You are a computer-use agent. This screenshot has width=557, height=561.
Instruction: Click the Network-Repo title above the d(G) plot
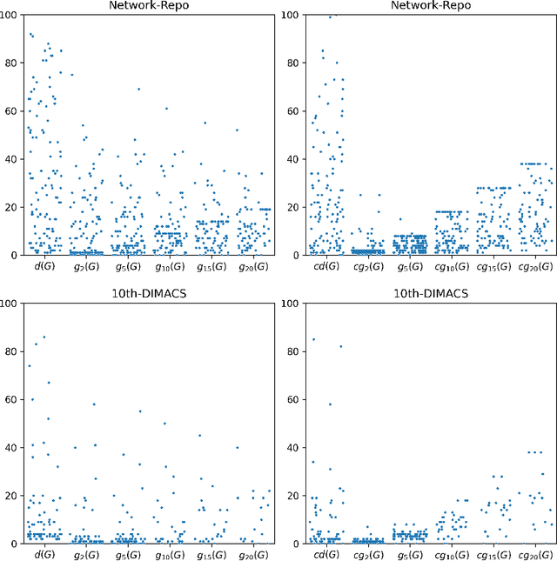tap(144, 5)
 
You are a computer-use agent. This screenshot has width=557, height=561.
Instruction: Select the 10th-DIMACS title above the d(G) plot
tap(144, 293)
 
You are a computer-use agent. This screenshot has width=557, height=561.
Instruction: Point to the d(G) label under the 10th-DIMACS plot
tap(43, 553)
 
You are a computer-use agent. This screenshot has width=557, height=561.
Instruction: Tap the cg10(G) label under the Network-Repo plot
tap(448, 265)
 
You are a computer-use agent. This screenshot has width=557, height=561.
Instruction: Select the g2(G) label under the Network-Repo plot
tap(84, 265)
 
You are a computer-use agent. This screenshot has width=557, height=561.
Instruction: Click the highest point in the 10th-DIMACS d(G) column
tap(44, 337)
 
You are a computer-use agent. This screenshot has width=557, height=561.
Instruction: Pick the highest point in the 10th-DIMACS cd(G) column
tap(313, 339)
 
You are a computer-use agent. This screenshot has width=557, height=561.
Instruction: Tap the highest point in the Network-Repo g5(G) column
tap(138, 89)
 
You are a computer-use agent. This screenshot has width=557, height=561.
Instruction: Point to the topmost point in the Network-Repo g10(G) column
tap(166, 109)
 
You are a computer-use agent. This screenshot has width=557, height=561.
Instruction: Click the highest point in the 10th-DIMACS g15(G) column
tap(199, 435)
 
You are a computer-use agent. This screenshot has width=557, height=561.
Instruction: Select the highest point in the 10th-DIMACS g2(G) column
tap(94, 404)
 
